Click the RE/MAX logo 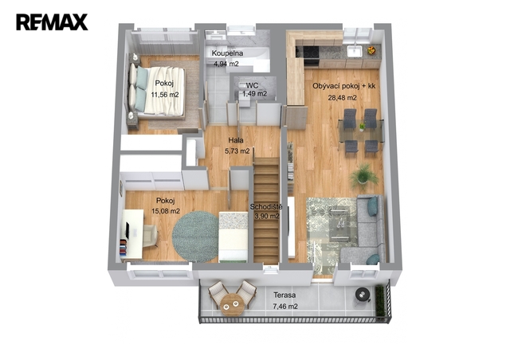pyautogui.click(x=52, y=22)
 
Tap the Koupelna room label pyautogui.click(x=227, y=53)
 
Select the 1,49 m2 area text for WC pyautogui.click(x=255, y=94)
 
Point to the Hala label pyautogui.click(x=236, y=140)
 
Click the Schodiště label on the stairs pyautogui.click(x=266, y=207)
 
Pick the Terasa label pyautogui.click(x=284, y=295)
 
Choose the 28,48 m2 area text pyautogui.click(x=342, y=97)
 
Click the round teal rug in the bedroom pyautogui.click(x=195, y=237)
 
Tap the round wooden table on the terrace pyautogui.click(x=232, y=305)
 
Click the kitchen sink pyautogui.click(x=354, y=51)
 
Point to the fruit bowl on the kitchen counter pyautogui.click(x=371, y=50)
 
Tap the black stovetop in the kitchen pyautogui.click(x=308, y=52)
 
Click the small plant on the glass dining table pyautogui.click(x=362, y=127)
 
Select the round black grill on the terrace pyautogui.click(x=362, y=295)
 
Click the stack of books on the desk pyautogui.click(x=124, y=247)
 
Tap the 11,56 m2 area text pyautogui.click(x=165, y=95)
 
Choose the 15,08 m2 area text pyautogui.click(x=166, y=211)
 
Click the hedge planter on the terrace pyautogui.click(x=380, y=301)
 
